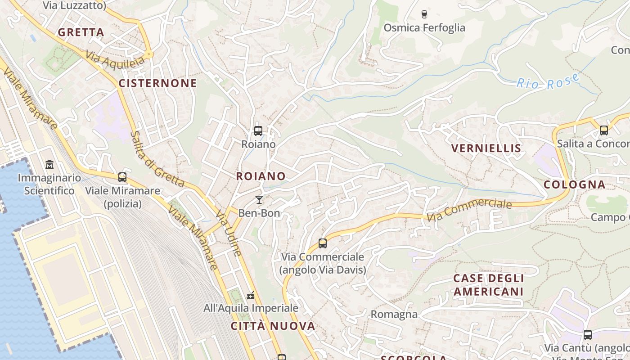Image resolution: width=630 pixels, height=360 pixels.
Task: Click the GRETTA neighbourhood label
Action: tap(81, 32)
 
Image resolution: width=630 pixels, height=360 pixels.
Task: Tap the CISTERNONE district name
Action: tap(157, 83)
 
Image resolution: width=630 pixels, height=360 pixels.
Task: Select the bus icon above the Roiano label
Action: tap(258, 131)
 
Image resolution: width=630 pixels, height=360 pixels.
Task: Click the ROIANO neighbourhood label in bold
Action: tap(261, 176)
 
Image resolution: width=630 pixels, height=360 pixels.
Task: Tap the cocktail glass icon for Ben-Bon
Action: tap(259, 200)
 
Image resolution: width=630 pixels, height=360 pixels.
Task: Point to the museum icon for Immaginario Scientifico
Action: tap(49, 165)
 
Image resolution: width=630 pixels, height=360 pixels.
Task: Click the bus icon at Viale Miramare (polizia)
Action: tap(122, 177)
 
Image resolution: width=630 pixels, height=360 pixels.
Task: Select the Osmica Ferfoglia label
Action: tap(424, 28)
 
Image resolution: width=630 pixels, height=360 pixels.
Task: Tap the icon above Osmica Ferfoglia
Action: tap(424, 14)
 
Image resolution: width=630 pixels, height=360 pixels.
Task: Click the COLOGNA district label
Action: tap(574, 184)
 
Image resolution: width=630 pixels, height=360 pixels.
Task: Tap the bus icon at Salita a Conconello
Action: tap(603, 130)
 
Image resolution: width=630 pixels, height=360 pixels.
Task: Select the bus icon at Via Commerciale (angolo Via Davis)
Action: tap(322, 243)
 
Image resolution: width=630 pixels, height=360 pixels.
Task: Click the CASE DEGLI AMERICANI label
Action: tap(488, 285)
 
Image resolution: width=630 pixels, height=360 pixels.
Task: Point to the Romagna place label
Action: tap(394, 314)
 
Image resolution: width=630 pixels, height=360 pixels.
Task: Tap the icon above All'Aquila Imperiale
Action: tap(251, 295)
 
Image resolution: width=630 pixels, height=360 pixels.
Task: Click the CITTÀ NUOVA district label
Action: tap(273, 326)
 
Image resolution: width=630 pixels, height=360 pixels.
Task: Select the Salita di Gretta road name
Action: tap(157, 159)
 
